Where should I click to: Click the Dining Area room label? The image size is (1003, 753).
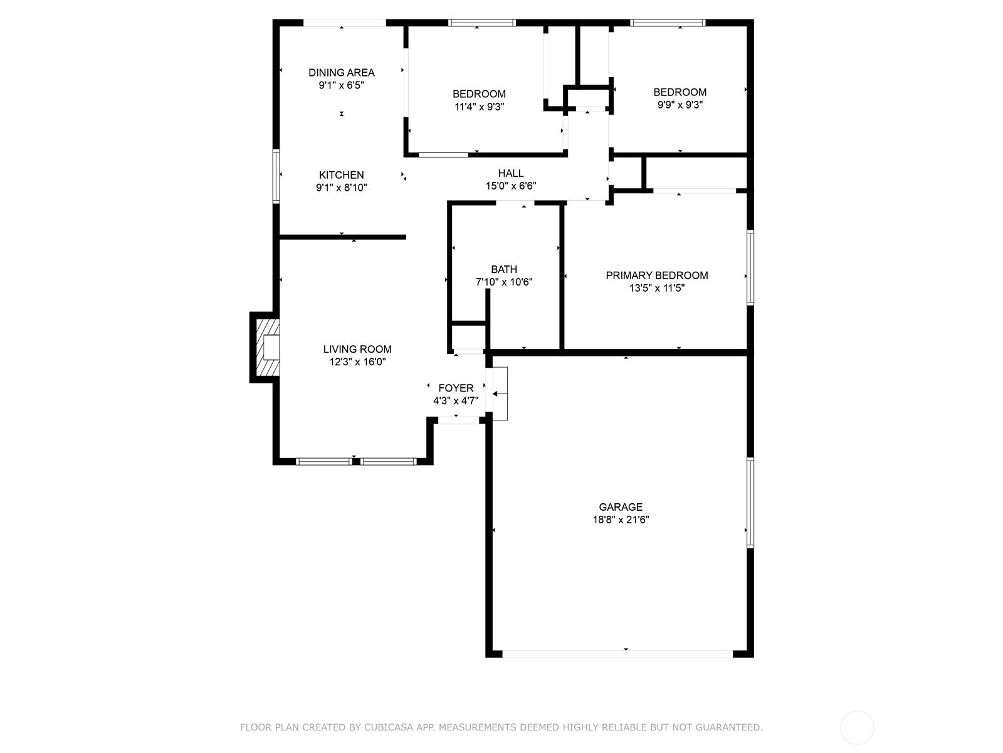click(x=342, y=72)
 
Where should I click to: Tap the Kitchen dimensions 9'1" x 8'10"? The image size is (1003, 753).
click(x=342, y=188)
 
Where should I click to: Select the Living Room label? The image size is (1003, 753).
click(x=357, y=350)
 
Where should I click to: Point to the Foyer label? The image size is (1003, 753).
click(x=456, y=388)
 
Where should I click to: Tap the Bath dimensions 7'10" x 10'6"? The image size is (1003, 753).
click(x=504, y=282)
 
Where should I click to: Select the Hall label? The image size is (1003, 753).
click(x=511, y=173)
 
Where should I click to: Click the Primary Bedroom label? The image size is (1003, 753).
click(x=656, y=275)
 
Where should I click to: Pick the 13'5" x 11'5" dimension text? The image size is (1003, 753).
click(x=656, y=288)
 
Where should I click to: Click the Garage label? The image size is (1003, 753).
click(x=621, y=507)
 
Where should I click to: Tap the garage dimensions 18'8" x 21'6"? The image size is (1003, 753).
click(x=621, y=520)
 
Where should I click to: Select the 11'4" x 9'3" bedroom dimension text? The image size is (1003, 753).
click(x=479, y=107)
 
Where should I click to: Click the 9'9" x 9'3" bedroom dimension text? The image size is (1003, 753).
click(x=680, y=105)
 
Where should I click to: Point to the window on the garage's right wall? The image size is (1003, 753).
click(x=750, y=503)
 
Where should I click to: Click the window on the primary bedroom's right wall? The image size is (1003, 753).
click(x=750, y=268)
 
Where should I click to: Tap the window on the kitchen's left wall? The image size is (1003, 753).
click(x=276, y=176)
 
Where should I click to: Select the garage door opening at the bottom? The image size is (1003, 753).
click(x=617, y=654)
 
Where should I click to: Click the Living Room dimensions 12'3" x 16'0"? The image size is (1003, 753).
click(x=357, y=362)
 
